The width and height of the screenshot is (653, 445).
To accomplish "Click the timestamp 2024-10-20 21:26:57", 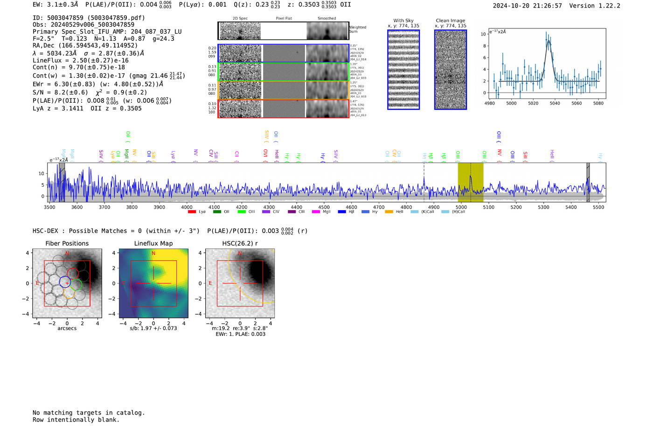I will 527,6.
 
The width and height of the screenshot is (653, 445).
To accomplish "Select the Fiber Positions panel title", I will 67,243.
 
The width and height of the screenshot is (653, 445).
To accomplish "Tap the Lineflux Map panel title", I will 153,243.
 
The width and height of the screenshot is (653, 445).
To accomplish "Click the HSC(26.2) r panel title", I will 240,243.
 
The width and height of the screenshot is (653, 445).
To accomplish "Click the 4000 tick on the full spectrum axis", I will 187,207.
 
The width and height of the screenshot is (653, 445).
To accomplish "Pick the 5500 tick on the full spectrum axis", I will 598,207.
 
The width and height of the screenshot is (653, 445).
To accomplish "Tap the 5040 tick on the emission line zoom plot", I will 555,103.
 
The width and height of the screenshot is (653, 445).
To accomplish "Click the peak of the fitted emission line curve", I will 549,41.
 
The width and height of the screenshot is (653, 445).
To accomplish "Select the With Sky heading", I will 403,21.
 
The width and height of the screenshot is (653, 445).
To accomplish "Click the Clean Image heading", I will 450,21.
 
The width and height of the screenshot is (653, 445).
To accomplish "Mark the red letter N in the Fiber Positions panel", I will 67,254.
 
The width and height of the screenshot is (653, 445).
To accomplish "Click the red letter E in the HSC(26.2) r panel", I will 210,283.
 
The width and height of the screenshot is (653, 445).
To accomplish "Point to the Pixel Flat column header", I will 284,19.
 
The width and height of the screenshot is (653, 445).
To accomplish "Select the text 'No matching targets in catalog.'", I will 89,413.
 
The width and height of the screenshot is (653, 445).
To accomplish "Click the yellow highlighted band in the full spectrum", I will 470,182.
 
